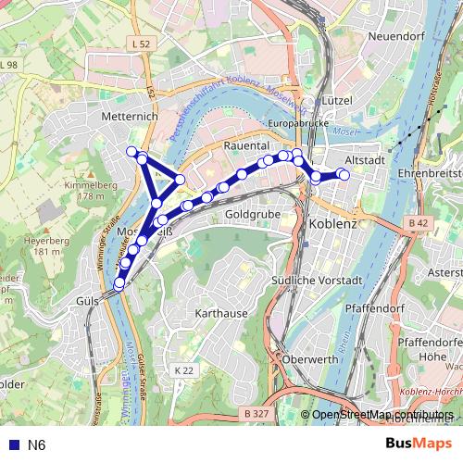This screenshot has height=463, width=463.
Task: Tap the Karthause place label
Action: [x=222, y=313]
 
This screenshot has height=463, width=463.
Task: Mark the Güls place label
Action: [x=87, y=301]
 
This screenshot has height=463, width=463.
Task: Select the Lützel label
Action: [x=333, y=100]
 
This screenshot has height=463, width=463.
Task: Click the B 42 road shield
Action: [x=419, y=223]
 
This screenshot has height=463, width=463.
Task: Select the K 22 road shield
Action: [x=184, y=369]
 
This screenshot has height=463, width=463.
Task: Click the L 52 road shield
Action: [x=141, y=44]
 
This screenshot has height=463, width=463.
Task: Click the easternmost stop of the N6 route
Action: [x=344, y=174]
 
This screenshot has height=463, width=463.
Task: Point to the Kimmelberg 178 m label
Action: [x=82, y=191]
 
